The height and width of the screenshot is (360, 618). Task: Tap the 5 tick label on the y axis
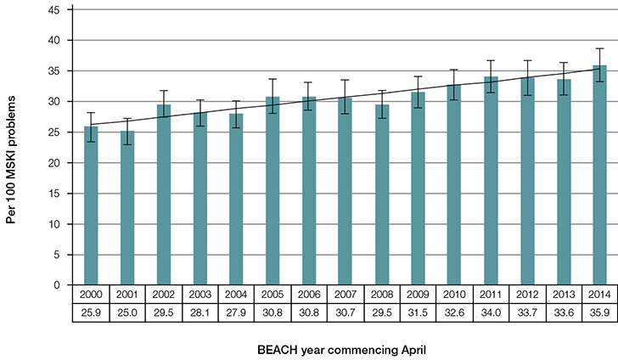tap(56, 255)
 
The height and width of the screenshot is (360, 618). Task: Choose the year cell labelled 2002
tap(164, 294)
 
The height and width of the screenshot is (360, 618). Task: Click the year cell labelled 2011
tap(490, 294)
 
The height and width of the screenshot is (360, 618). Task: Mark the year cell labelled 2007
tap(345, 294)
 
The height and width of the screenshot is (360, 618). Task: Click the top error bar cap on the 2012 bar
tap(526, 61)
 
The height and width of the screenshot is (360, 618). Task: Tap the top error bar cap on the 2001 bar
tap(127, 118)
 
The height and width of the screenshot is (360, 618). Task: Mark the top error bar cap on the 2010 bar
tap(453, 70)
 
